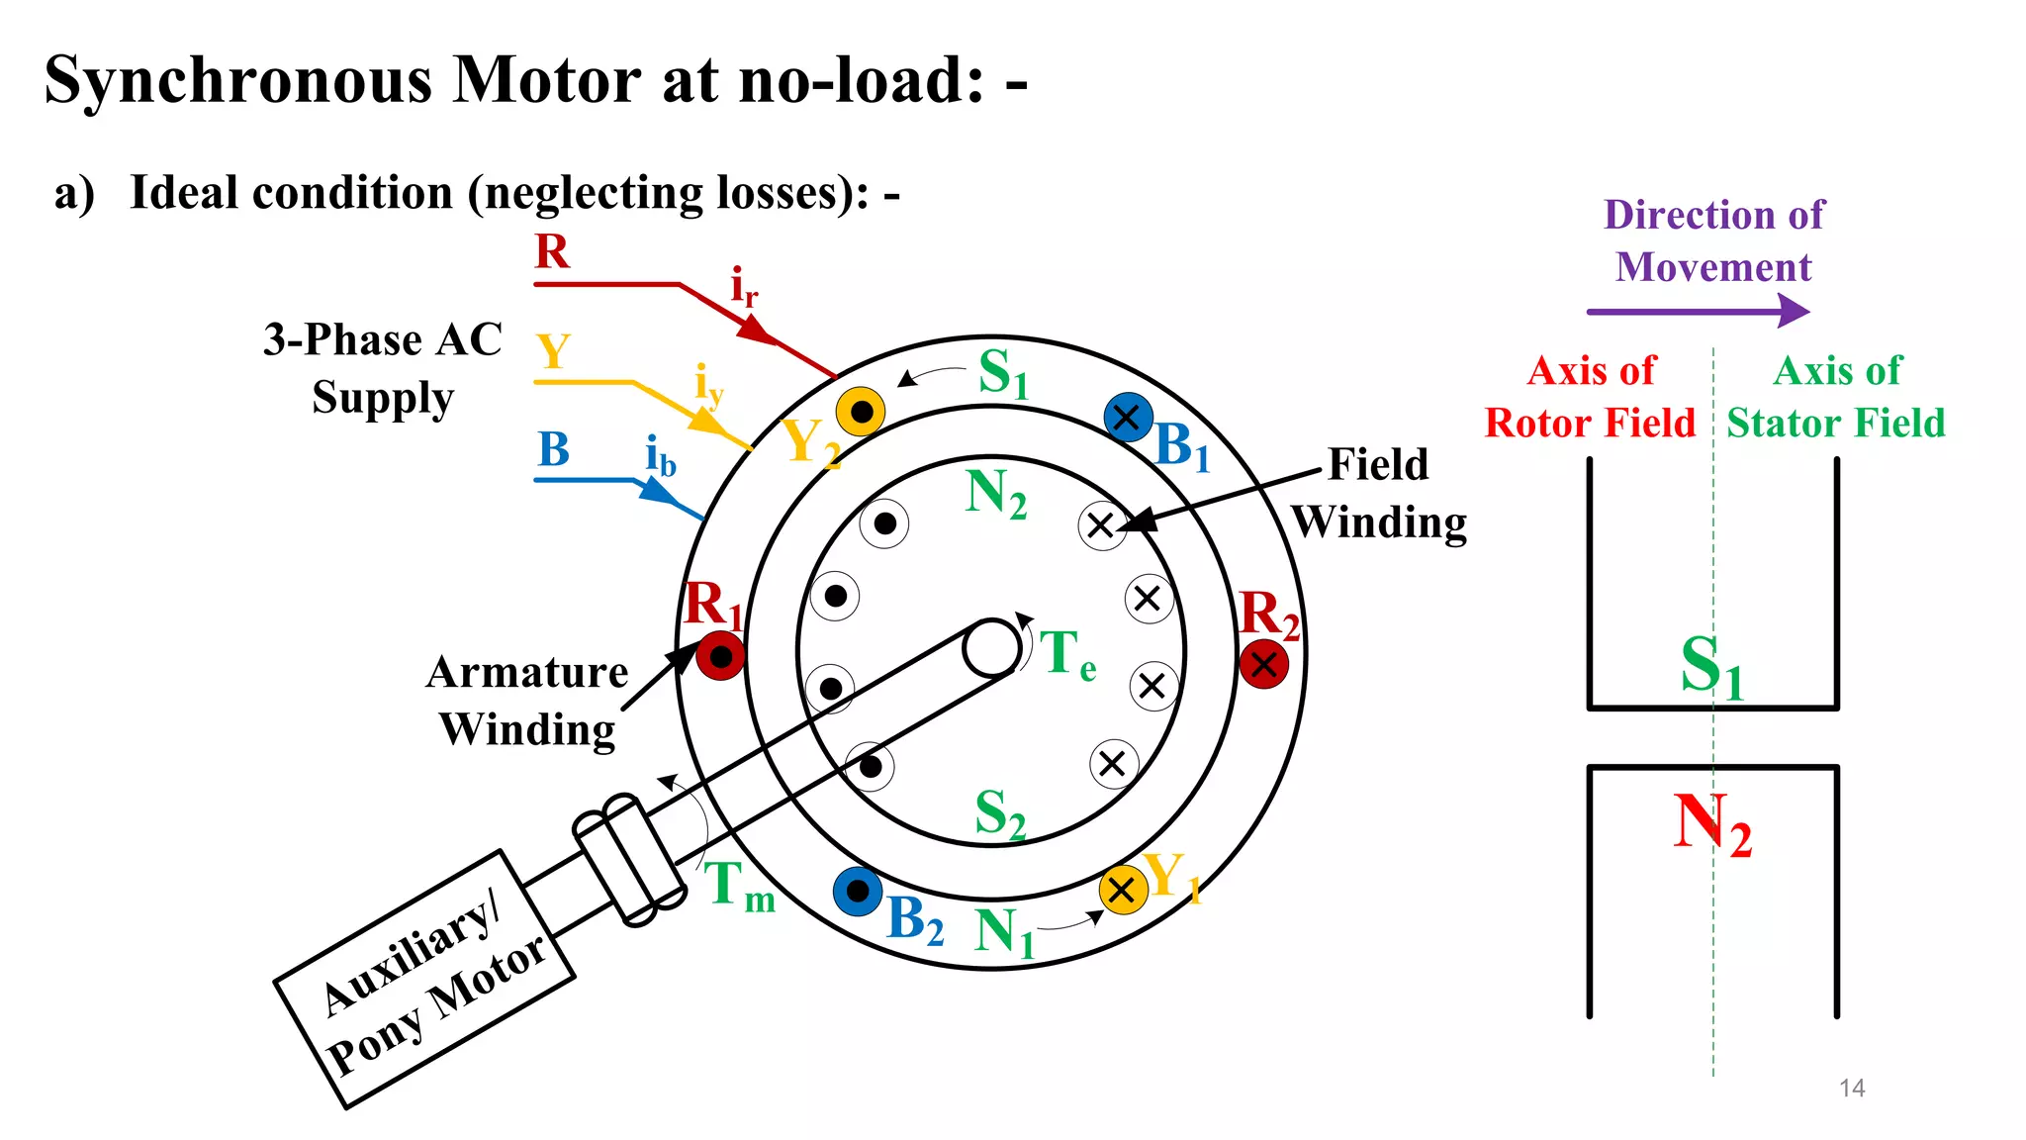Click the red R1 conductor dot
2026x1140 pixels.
[720, 656]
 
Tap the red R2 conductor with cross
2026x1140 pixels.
[1263, 663]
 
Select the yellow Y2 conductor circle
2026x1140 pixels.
[861, 411]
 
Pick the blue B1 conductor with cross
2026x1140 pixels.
[1128, 418]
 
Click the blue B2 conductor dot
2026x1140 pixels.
[858, 892]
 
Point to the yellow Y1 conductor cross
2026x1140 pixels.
[1123, 889]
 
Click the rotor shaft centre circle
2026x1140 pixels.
[991, 648]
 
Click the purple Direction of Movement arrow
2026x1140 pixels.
[1698, 311]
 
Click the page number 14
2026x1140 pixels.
[1851, 1088]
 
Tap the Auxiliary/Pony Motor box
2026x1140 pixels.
[425, 980]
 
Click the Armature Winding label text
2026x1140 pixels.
[527, 701]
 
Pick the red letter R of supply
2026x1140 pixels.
[552, 251]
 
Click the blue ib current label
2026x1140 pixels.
[660, 456]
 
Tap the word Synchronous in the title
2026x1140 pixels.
[237, 79]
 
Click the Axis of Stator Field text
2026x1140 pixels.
[1836, 397]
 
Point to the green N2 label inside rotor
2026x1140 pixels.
[995, 494]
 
